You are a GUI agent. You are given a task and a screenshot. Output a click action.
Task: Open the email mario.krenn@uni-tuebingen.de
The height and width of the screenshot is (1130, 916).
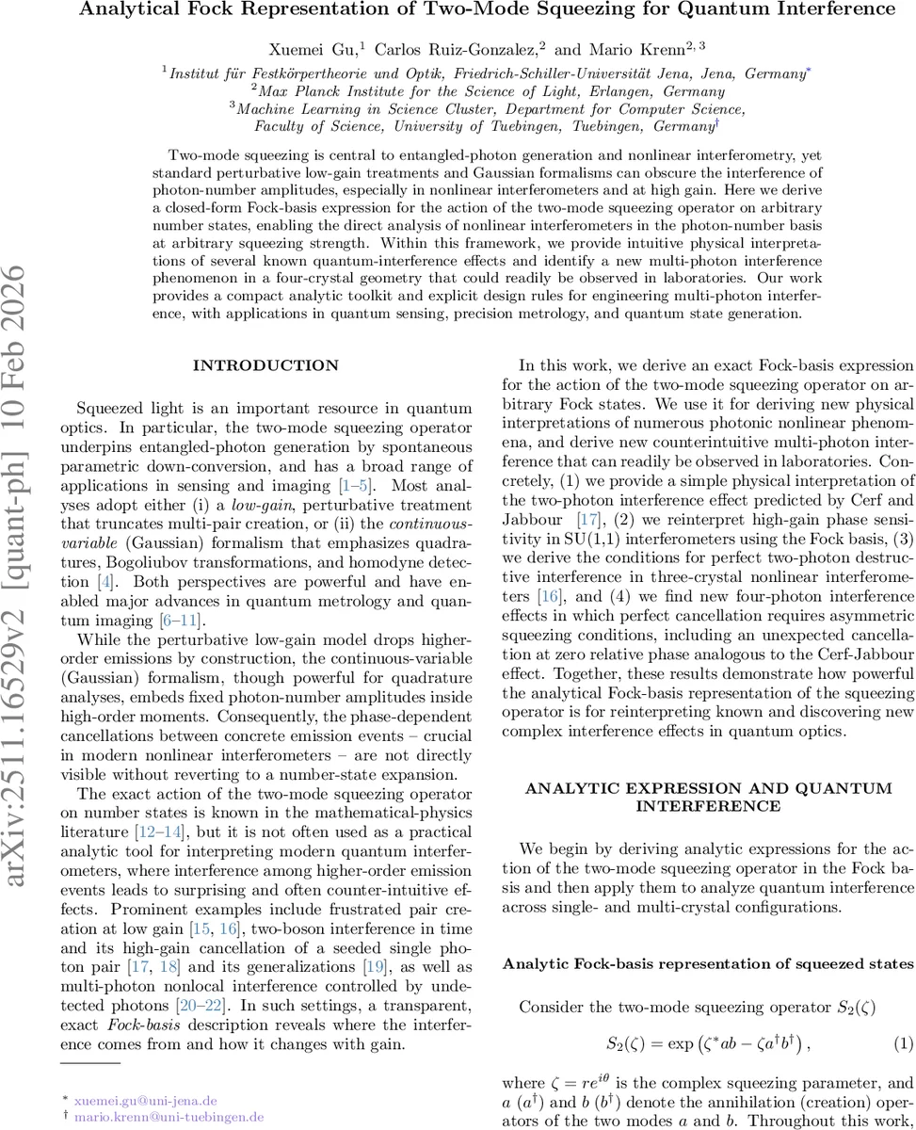pos(169,1115)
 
